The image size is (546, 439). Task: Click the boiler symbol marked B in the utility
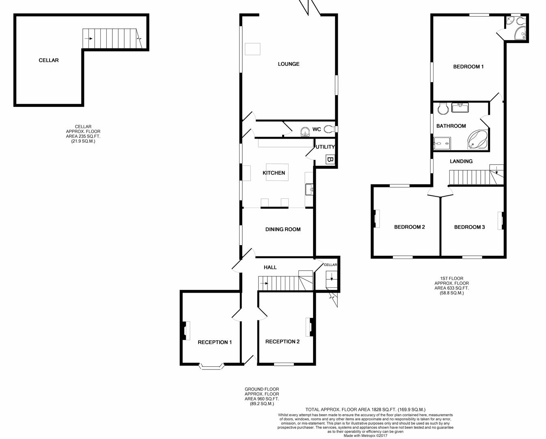point(330,159)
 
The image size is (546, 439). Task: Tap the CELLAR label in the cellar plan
point(48,60)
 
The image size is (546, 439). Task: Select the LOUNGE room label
point(289,64)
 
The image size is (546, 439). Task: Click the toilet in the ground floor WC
point(329,129)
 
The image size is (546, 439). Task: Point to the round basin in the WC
point(305,132)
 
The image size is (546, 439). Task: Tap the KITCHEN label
point(274,173)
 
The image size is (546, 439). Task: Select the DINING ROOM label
point(283,229)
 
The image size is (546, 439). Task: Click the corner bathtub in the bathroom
point(477,140)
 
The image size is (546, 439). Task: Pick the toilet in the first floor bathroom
point(443,108)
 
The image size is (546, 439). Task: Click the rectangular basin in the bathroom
point(460,108)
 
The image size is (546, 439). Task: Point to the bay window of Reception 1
point(211,366)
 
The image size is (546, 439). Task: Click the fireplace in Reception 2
point(311,327)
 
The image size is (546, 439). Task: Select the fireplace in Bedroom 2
point(376,219)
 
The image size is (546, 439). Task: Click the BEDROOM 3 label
point(469,227)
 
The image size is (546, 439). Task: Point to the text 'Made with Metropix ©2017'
point(365,436)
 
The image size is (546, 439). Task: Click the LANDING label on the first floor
point(461,161)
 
